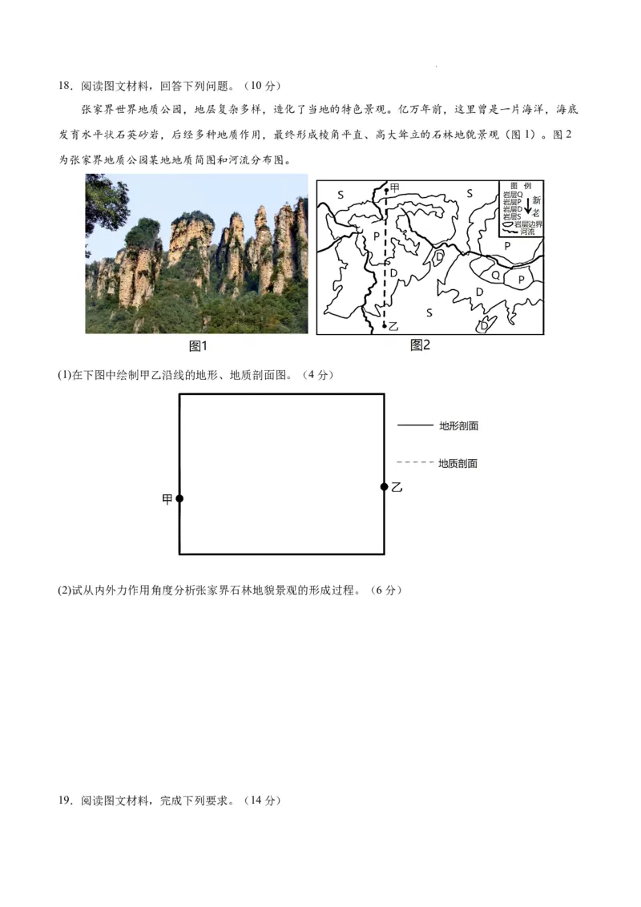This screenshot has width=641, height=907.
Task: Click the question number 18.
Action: point(65,86)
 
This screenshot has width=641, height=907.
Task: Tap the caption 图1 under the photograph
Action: point(198,346)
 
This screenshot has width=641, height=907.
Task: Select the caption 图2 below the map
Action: point(421,345)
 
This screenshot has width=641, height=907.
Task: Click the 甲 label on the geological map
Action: point(394,187)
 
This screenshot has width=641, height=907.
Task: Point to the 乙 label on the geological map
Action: point(393,327)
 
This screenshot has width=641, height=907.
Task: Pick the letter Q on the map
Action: point(495,275)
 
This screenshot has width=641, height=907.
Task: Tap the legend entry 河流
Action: point(526,232)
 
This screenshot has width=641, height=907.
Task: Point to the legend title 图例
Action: point(521,184)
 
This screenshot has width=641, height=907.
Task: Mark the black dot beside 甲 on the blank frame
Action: point(179,498)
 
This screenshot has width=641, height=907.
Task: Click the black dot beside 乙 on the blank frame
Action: point(384,486)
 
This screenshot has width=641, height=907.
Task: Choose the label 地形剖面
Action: point(458,425)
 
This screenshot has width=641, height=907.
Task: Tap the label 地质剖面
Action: point(458,463)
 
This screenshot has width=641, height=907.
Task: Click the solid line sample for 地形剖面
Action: point(414,425)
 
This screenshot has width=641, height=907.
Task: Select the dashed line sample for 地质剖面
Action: point(414,463)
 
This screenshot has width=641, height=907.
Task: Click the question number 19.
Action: point(65,800)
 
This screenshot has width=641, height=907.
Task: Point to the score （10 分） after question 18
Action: point(262,86)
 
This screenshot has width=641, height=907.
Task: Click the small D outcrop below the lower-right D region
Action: point(484,325)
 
